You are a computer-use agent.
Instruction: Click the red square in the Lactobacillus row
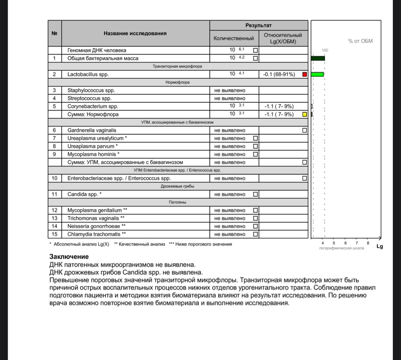click(x=305, y=74)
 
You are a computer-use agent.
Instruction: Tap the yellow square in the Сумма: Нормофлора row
click(x=305, y=114)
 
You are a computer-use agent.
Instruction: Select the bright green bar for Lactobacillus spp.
click(x=317, y=74)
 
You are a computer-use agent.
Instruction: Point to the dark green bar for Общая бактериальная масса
click(x=318, y=58)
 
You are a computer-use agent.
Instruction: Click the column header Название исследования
click(x=135, y=33)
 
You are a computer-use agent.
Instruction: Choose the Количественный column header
click(x=234, y=39)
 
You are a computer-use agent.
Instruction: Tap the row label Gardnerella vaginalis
click(x=92, y=130)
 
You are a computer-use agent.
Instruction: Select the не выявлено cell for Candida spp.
click(x=230, y=194)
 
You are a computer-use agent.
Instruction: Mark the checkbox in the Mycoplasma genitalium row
click(x=255, y=210)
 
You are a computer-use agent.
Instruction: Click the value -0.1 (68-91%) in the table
click(x=279, y=74)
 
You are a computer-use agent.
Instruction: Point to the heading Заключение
click(x=69, y=257)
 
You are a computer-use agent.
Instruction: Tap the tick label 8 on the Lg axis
click(x=368, y=243)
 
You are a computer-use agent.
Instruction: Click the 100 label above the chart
click(x=325, y=50)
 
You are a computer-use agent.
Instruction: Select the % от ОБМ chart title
click(x=360, y=41)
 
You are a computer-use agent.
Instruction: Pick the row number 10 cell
click(x=55, y=178)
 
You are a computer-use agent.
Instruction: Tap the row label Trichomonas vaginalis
click(x=93, y=218)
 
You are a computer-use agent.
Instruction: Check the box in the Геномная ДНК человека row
click(x=255, y=51)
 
